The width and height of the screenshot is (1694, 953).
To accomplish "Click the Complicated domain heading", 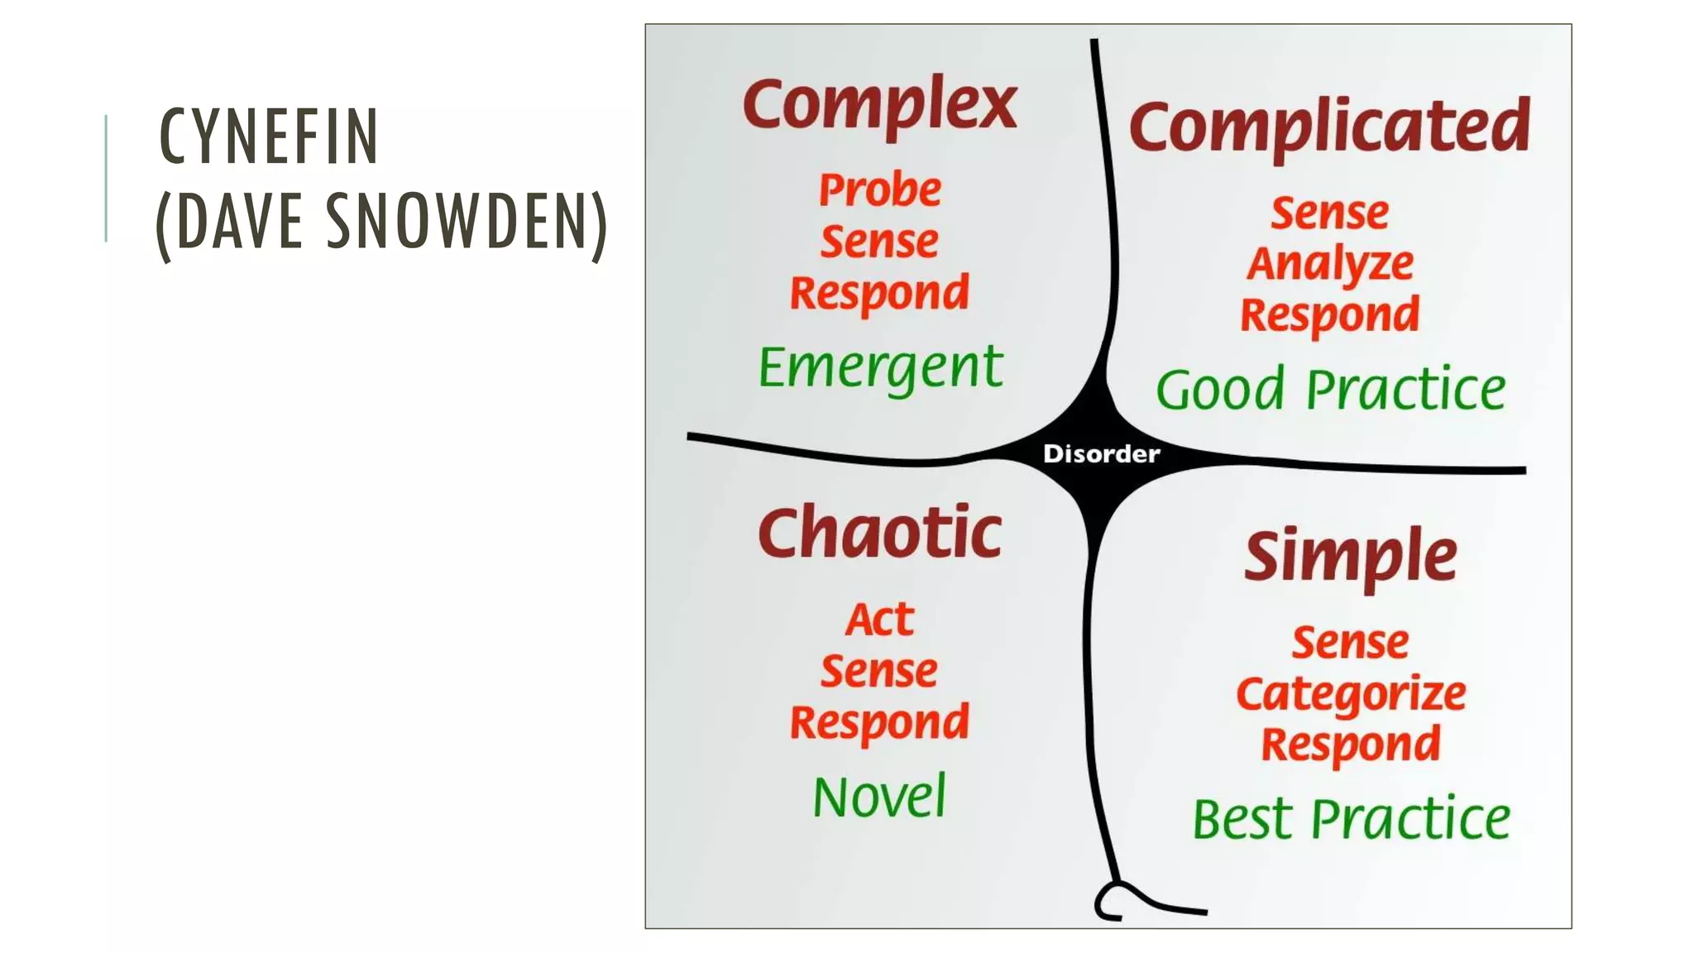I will coord(1329,127).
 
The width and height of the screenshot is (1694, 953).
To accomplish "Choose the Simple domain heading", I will coord(1350,555).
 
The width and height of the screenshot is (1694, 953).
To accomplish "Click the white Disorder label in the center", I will coord(1101,453).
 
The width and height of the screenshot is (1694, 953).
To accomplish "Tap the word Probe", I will coord(879,189).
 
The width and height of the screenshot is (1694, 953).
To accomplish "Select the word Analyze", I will coord(1330,264).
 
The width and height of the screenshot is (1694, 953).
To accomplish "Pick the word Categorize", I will coord(1351,693).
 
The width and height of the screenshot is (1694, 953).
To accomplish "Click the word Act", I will coord(879,619).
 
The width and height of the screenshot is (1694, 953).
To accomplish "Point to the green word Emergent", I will coord(880,367).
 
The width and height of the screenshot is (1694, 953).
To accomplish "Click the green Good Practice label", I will coord(1330,389).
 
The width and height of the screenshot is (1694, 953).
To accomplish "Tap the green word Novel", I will coord(879,797).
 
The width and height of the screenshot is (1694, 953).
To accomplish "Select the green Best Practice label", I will coord(1351,819).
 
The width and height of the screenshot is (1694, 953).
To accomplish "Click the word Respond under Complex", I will coord(879,294).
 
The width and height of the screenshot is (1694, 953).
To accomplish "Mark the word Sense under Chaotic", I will coord(879,670).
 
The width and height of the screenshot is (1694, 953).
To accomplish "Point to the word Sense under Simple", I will coord(1350,642).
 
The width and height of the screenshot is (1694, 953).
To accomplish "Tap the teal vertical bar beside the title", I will coord(107,178).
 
